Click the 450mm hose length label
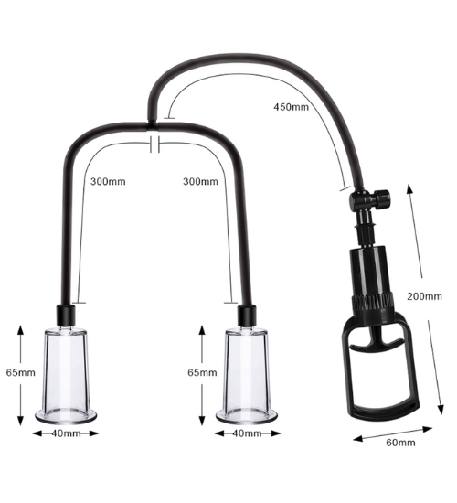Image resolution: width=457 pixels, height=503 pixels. tap(291, 107)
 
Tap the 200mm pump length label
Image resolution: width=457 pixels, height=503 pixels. tap(424, 296)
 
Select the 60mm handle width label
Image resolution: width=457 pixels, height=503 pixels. tap(400, 443)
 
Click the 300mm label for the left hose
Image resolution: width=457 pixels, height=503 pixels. tap(108, 182)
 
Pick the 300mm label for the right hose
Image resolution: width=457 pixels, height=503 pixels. tap(200, 182)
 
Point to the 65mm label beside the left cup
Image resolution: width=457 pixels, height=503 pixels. tap(20, 373)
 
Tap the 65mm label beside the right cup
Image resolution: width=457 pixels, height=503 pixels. tap(202, 373)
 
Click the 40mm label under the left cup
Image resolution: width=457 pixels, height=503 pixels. tap(66, 433)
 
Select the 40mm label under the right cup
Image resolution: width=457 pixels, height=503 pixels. tap(247, 433)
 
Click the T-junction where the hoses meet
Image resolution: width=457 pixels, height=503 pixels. tap(153, 125)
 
